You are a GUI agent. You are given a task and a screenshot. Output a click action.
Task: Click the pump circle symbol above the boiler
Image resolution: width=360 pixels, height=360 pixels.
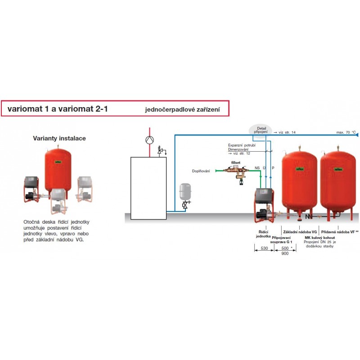[149, 139]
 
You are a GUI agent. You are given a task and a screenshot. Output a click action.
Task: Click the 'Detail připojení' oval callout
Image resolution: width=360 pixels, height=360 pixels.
[261, 130]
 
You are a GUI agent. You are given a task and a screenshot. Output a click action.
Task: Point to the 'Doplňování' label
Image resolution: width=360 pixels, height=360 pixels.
[201, 171]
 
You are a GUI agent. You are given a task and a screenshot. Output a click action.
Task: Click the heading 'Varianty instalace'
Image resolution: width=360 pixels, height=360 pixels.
[59, 139]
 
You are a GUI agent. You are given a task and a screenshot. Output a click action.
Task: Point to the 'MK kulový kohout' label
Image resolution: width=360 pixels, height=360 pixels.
[320, 237]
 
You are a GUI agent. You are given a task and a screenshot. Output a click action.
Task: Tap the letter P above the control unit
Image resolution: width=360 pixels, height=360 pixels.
[273, 168]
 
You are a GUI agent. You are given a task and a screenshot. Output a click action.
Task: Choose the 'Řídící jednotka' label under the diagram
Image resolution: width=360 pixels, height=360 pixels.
[263, 234]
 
